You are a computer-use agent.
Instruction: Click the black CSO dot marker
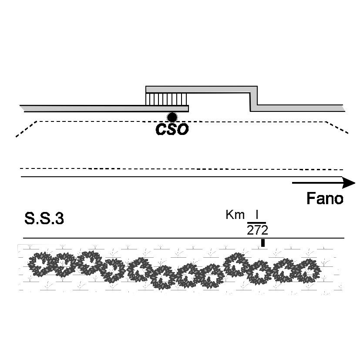[x=172, y=118]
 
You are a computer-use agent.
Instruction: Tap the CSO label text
[x=172, y=129]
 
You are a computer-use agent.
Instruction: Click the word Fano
[x=325, y=199]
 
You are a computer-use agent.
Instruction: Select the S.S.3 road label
[x=44, y=219]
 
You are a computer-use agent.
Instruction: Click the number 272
[x=257, y=230]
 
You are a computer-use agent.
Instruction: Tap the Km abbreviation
[x=235, y=215]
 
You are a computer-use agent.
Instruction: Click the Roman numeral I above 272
[x=257, y=215]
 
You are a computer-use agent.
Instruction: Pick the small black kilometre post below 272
[x=263, y=243]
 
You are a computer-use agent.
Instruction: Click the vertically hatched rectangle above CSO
[x=166, y=99]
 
